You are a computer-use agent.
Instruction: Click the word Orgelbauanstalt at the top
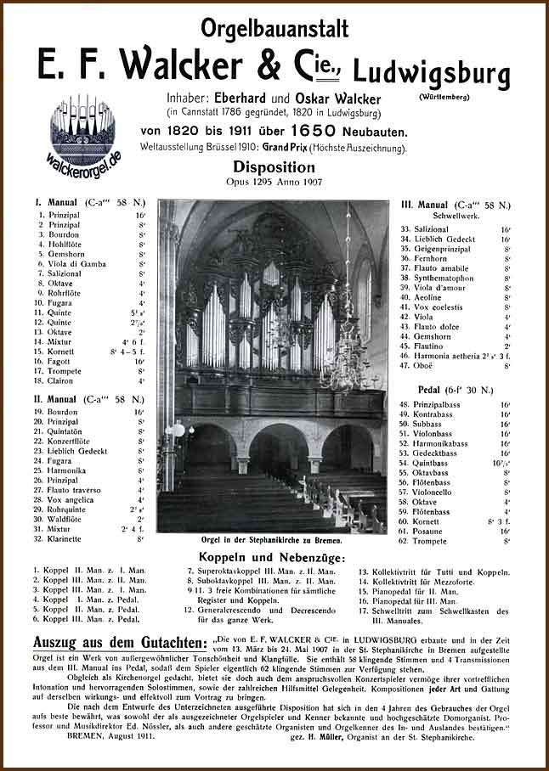coord(274,29)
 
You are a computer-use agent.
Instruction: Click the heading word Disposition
coord(274,167)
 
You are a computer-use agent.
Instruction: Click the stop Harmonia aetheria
coord(452,356)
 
